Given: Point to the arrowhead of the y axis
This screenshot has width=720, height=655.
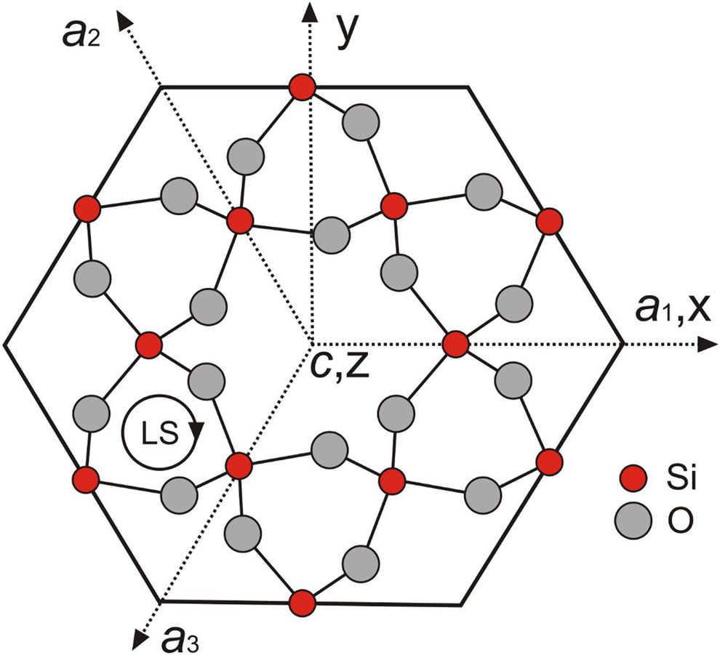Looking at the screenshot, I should [311, 12].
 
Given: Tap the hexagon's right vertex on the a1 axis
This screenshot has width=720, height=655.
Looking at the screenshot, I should [623, 344].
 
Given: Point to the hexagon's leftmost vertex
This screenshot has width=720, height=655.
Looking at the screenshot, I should [5, 344].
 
